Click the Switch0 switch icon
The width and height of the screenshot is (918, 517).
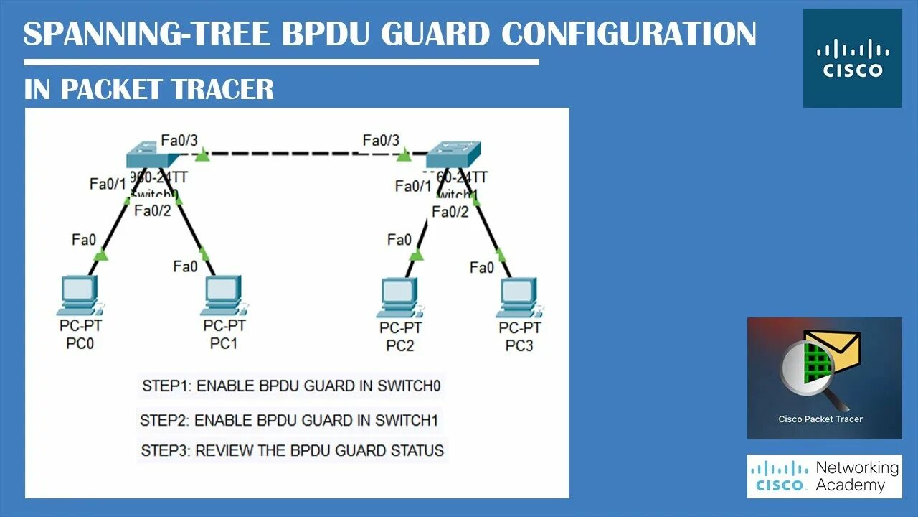(152, 156)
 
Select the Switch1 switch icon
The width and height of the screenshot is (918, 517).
(453, 156)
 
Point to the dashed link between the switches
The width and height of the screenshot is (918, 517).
(301, 153)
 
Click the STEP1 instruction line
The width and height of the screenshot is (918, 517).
(290, 386)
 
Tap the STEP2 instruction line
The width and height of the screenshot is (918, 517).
(289, 419)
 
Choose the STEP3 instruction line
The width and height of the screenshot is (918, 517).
(292, 451)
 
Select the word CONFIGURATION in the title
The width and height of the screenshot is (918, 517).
(628, 34)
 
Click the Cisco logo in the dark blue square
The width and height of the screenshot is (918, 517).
(852, 58)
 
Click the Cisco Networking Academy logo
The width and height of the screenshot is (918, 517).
(824, 476)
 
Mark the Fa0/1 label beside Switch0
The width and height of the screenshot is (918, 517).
(107, 184)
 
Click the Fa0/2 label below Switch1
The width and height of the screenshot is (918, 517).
(450, 211)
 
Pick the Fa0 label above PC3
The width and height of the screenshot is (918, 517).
(482, 268)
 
